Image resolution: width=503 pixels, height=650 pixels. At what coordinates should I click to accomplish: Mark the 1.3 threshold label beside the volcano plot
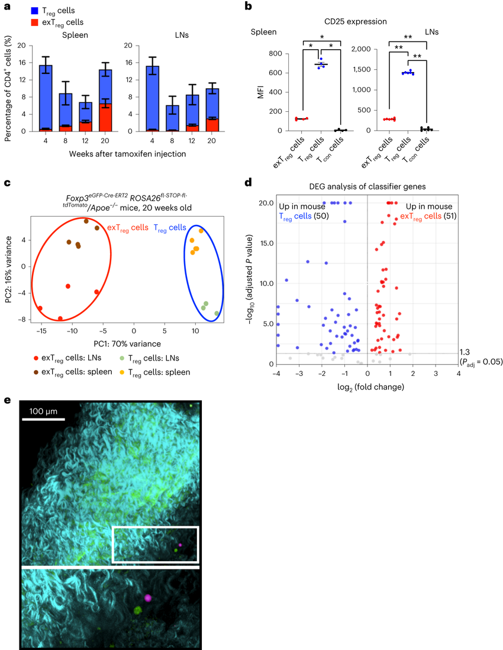466,352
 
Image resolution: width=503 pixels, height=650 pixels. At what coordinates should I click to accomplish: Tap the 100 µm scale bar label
44,410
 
